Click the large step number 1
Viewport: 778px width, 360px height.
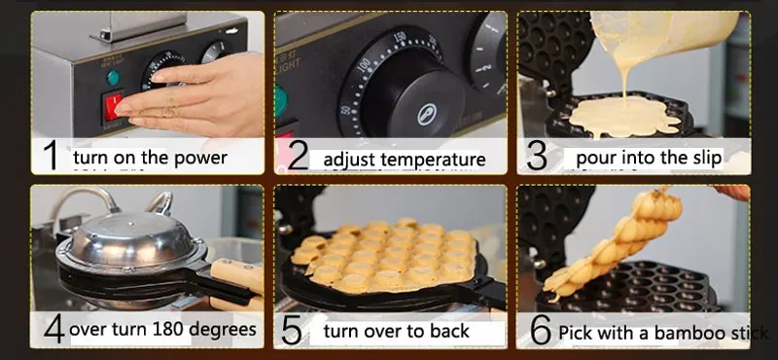coord(52,156)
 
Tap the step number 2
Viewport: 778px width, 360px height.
coord(298,156)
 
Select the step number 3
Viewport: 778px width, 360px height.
coord(537,156)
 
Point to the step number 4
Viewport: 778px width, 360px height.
coord(53,328)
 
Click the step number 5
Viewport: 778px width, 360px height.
coord(292,330)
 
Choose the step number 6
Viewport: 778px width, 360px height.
coord(541,330)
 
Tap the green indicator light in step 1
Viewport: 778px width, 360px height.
coord(113,78)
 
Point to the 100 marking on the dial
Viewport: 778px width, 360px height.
coord(365,65)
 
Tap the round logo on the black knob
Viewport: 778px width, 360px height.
coord(427,114)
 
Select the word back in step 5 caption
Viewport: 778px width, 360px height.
coord(444,330)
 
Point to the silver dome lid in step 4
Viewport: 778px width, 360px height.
coord(130,238)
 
